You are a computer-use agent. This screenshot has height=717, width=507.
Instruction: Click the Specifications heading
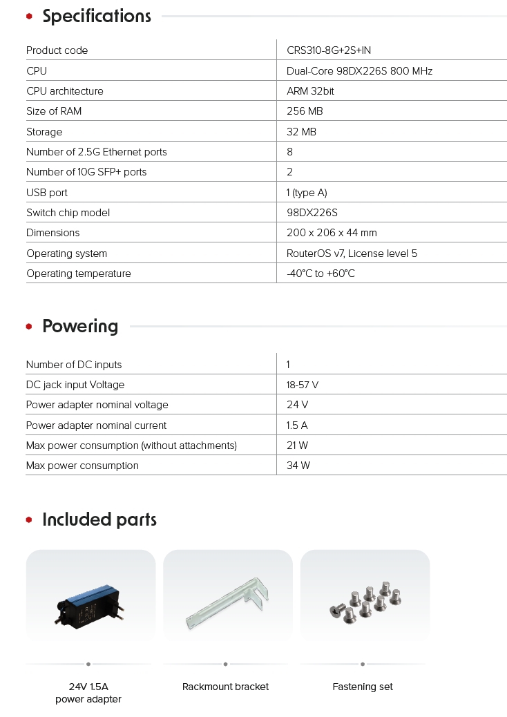point(96,17)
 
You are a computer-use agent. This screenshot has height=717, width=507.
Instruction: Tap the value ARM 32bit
point(311,91)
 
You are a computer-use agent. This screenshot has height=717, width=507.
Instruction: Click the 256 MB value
point(305,111)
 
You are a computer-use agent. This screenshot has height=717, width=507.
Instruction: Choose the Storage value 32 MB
point(301,132)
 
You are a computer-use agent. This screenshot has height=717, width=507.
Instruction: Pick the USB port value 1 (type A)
point(309,193)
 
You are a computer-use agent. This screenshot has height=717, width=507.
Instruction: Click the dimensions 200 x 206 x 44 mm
point(332,233)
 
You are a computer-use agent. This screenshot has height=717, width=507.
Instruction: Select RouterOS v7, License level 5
point(352,254)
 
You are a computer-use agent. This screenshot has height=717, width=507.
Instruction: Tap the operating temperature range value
point(321,274)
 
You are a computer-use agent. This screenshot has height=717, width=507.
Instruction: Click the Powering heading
point(80,326)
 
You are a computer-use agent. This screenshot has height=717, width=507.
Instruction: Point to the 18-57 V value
point(303,385)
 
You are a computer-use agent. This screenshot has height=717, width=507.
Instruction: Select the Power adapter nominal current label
point(96,426)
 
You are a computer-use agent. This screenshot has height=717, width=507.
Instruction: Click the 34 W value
point(298,466)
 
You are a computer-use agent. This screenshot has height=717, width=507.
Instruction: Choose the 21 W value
point(298,446)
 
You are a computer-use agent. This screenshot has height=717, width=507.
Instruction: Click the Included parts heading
point(99,519)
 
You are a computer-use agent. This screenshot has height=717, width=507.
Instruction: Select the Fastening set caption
point(363,687)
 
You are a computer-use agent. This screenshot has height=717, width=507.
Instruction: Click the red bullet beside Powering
point(29,327)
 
